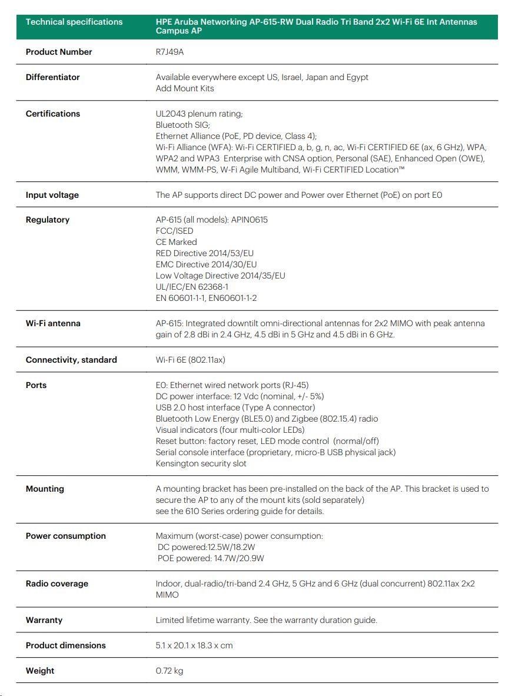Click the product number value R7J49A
[x=170, y=52]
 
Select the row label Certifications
[x=53, y=114]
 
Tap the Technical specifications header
[x=74, y=22]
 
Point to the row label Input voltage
[x=52, y=195]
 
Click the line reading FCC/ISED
[x=174, y=231]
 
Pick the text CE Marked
[x=176, y=242]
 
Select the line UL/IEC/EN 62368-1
[x=192, y=287]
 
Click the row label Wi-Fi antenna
[x=53, y=323]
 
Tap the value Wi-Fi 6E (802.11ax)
[x=193, y=360]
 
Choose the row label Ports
[x=36, y=385]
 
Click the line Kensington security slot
[x=201, y=463]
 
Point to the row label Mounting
[x=45, y=489]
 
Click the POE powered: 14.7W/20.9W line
[x=211, y=558]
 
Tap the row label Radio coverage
[x=57, y=584]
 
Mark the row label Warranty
[x=44, y=620]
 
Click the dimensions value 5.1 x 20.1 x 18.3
[x=194, y=645]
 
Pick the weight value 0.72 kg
[x=170, y=671]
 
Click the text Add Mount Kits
[x=185, y=88]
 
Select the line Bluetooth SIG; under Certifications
[x=182, y=125]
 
